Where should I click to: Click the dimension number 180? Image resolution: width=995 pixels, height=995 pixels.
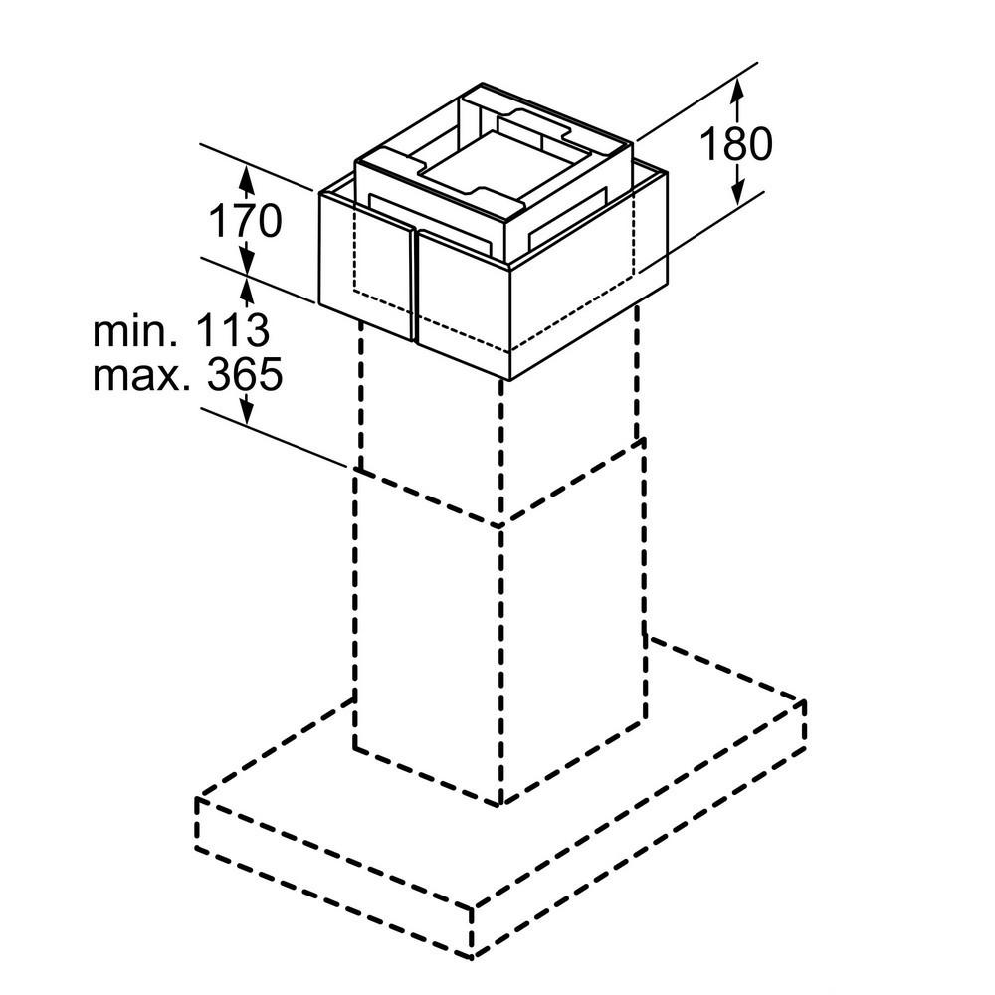736,144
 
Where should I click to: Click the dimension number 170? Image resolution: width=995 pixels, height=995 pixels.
245,220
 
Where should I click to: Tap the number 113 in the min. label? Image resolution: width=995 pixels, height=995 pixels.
233,330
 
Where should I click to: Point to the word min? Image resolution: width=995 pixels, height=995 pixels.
135,330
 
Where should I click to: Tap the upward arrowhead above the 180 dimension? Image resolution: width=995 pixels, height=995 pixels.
736,91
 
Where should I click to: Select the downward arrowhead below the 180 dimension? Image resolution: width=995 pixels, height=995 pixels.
737,192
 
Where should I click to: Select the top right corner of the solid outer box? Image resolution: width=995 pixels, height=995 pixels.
667,171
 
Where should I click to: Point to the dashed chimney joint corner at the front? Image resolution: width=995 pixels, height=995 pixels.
501,525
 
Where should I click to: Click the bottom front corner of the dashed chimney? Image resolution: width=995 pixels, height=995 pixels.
501,805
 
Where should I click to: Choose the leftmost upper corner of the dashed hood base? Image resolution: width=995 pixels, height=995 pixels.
198,798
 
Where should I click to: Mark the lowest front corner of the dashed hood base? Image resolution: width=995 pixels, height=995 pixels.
473,957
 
